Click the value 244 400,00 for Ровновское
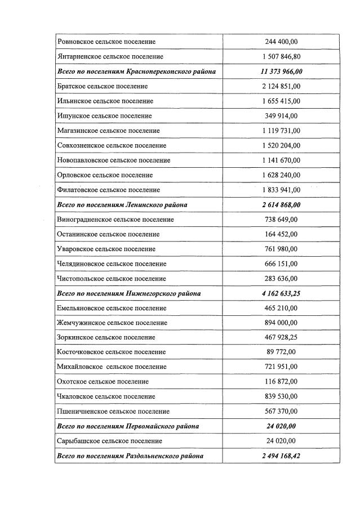point(281,42)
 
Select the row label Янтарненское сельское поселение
point(110,57)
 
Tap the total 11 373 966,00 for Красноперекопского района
point(281,72)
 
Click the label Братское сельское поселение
point(103,86)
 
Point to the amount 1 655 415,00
point(281,101)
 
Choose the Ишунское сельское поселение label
point(104,116)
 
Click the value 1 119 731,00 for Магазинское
point(281,131)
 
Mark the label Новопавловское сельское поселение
point(113,160)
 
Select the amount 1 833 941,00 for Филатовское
point(281,190)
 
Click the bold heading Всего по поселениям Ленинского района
point(122,205)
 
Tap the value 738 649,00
point(281,220)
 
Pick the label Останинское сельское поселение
point(108,234)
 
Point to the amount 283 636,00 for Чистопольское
point(281,279)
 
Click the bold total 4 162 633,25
point(281,293)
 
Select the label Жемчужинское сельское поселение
point(112,323)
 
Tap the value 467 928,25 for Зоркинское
point(281,337)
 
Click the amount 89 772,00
point(281,352)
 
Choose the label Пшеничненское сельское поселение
point(113,411)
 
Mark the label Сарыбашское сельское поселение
point(109,441)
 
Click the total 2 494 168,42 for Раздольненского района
point(281,456)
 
